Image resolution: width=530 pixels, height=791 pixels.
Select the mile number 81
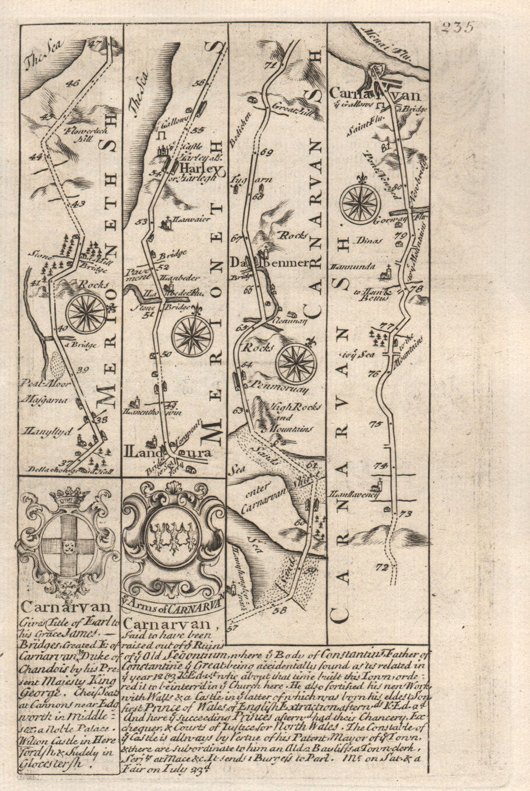click(385, 144)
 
